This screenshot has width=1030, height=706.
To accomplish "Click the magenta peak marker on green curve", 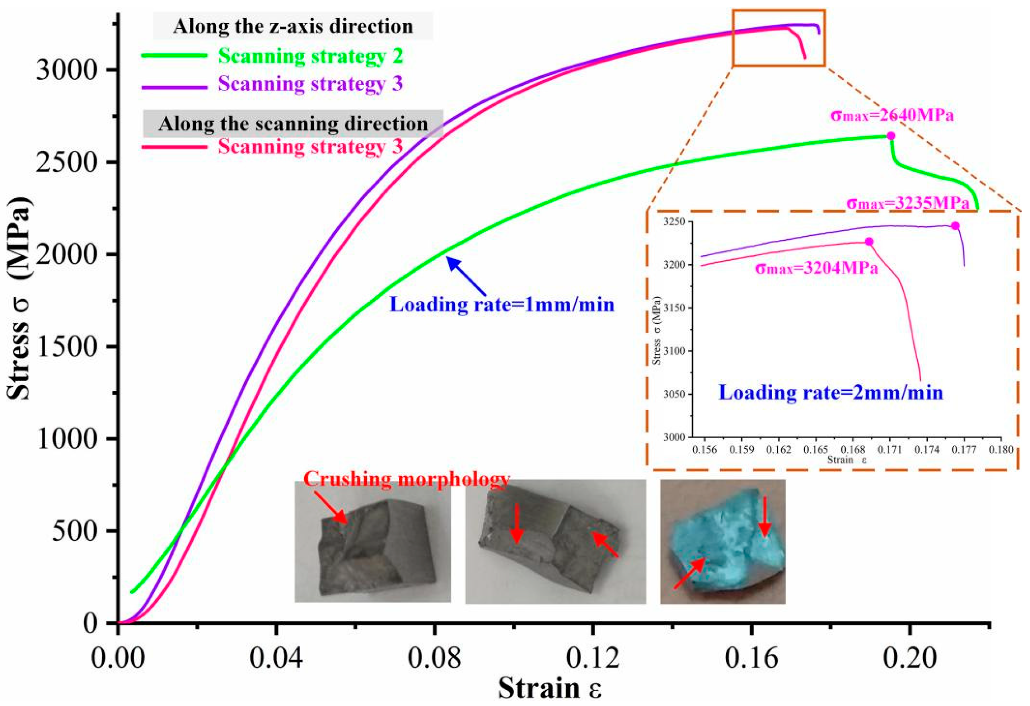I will click(891, 136).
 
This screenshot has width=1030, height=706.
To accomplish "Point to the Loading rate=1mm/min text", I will click(502, 305).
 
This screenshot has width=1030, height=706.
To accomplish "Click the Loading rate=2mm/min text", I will click(830, 393).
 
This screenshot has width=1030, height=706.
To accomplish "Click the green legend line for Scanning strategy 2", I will click(174, 55).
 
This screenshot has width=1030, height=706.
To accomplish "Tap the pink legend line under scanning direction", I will click(174, 147).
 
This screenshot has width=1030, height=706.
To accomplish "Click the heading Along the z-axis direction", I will click(293, 27).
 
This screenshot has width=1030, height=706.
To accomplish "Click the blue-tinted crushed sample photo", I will click(723, 541).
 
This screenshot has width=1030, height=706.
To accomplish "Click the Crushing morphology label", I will click(406, 479).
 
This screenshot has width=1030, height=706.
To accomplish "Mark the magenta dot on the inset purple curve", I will click(956, 226).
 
